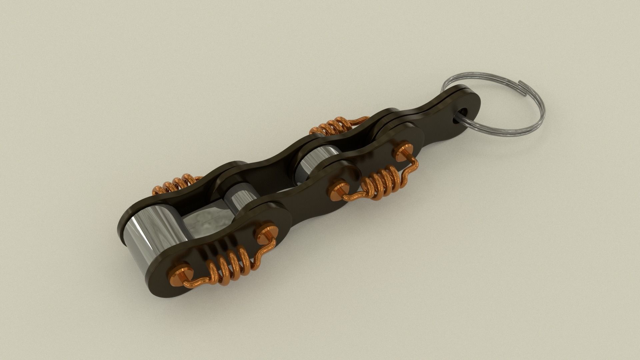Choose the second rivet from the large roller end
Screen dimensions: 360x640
coord(265,233)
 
